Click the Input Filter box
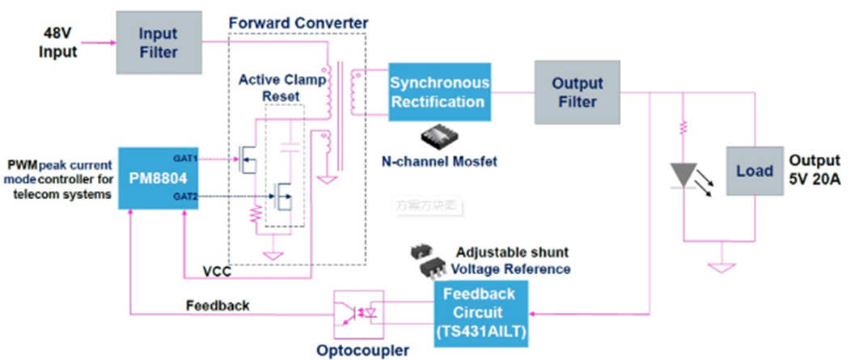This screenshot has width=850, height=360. (158, 44)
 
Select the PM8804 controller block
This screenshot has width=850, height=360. (159, 178)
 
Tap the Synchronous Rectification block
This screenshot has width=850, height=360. (439, 92)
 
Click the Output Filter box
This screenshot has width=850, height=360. (577, 92)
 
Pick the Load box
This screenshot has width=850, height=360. (753, 171)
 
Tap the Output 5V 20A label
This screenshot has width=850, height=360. (815, 170)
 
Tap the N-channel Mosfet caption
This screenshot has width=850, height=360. (438, 162)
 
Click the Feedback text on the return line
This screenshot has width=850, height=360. (218, 306)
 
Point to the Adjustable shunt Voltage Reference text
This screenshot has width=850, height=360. (511, 260)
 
